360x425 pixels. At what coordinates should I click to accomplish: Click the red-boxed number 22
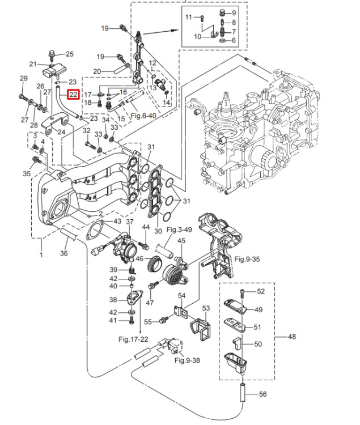pyautogui.click(x=74, y=95)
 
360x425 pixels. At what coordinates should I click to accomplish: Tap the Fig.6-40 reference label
pyautogui.click(x=142, y=116)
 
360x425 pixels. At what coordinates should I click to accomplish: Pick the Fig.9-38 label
pyautogui.click(x=187, y=360)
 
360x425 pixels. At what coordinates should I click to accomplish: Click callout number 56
pyautogui.click(x=262, y=395)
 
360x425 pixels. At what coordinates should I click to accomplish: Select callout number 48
pyautogui.click(x=292, y=337)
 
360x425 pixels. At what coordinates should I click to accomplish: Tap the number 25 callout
pyautogui.click(x=70, y=54)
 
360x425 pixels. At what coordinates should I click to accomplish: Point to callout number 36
pyautogui.click(x=64, y=253)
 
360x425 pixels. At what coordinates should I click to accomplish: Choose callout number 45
pyautogui.click(x=181, y=241)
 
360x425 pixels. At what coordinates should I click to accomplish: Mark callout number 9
pyautogui.click(x=235, y=12)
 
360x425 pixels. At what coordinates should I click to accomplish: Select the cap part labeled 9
pyautogui.click(x=222, y=12)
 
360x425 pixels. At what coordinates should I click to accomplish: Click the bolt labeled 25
pyautogui.click(x=53, y=54)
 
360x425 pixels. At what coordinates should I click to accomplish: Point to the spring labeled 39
pyautogui.click(x=132, y=270)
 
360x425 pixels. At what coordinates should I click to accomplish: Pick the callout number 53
pyautogui.click(x=206, y=308)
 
